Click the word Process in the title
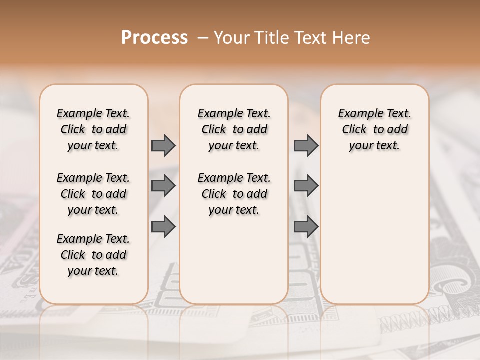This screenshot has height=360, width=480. point(154,37)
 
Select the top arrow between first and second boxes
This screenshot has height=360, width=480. point(163,145)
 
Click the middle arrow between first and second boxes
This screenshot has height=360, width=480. point(163,186)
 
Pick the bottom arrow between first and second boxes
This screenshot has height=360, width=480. point(163,227)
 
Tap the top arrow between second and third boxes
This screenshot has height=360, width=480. point(306,145)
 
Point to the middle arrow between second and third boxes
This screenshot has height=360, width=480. point(306,186)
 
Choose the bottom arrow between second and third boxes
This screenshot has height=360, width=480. point(306,227)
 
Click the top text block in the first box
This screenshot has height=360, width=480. point(93,129)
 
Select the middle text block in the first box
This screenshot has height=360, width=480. point(93,194)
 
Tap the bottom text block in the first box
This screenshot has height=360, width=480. point(93,255)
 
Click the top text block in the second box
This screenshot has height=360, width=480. point(234,129)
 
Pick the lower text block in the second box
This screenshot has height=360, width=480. point(234,194)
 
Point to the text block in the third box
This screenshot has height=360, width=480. point(374,129)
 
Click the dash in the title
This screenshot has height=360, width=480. point(202,38)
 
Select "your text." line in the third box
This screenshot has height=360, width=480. point(374,145)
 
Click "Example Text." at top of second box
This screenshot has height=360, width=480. point(234,113)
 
